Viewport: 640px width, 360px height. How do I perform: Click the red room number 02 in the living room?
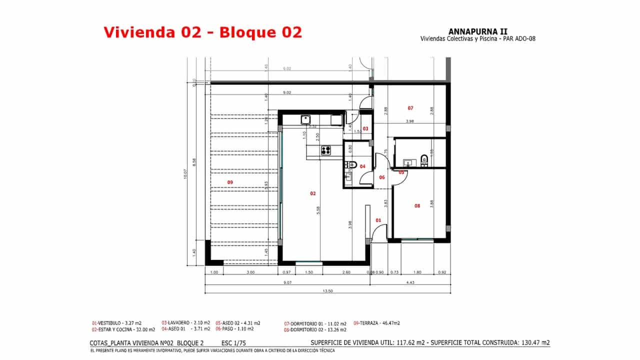(313, 193)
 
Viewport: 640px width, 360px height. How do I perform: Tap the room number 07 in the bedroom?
(410, 107)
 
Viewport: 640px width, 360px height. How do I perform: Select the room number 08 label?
(417, 205)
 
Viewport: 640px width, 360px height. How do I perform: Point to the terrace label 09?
(230, 182)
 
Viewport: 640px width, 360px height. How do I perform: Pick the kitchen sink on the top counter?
(305, 119)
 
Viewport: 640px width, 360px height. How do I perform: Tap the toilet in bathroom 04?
(352, 164)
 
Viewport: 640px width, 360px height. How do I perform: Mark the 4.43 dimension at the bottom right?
(410, 283)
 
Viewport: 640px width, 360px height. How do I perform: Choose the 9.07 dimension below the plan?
(287, 283)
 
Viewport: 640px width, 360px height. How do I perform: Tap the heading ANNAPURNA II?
(478, 31)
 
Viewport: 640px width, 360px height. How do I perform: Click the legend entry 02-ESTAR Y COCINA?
(123, 329)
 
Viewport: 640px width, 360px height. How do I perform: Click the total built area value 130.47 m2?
(530, 343)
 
